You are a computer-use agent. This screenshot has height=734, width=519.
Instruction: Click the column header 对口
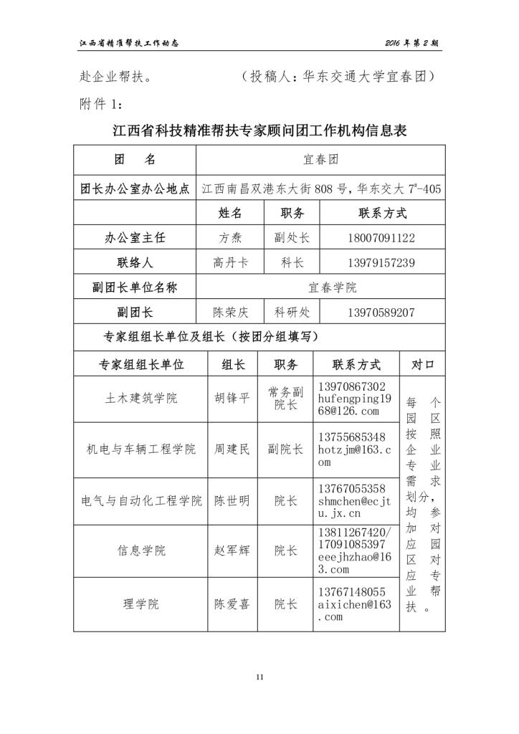click(x=422, y=364)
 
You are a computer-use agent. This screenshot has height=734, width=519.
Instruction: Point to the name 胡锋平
click(x=232, y=398)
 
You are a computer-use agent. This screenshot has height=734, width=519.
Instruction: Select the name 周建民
click(x=232, y=449)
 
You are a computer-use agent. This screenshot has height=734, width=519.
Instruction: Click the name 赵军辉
click(x=232, y=550)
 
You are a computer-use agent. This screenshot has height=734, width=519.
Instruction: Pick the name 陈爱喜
click(x=232, y=604)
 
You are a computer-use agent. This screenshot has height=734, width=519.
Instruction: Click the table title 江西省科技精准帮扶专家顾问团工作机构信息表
click(x=260, y=132)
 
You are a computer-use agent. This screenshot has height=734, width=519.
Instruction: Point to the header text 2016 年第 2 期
click(x=411, y=43)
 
